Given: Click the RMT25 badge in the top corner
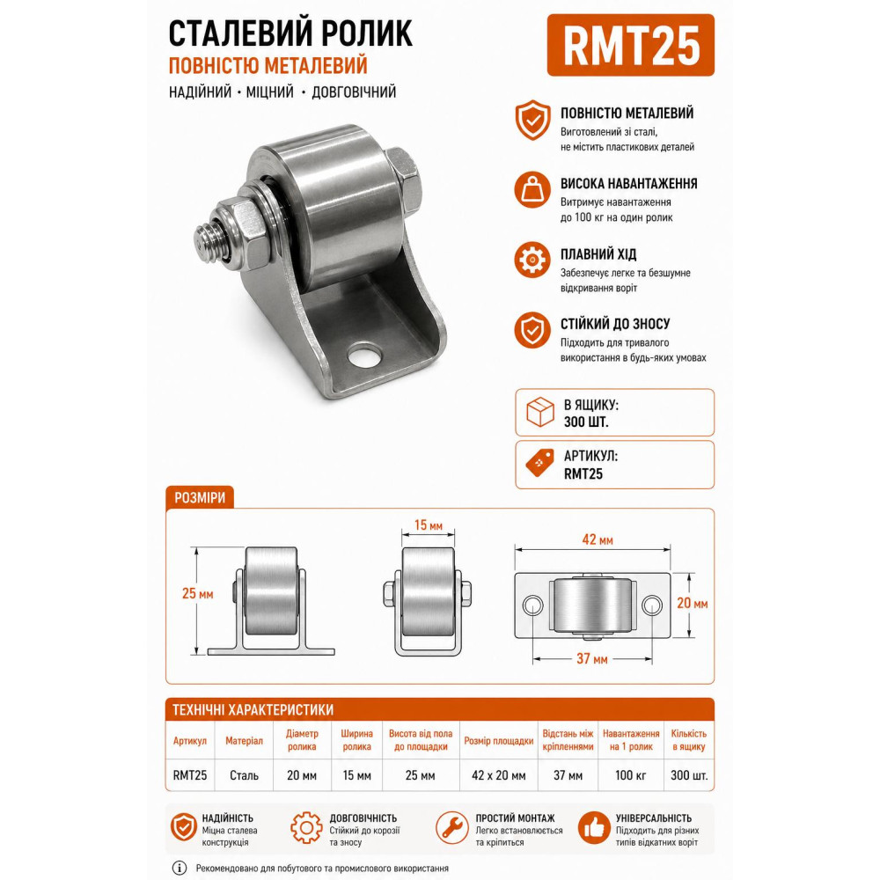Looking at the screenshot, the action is [x=630, y=46].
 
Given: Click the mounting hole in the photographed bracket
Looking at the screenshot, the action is [x=364, y=356].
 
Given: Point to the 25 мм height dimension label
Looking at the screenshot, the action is [x=197, y=594].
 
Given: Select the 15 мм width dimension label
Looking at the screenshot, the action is [x=429, y=525].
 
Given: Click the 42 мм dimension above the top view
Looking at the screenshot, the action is [x=598, y=540].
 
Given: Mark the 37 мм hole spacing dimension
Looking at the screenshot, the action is [x=592, y=659].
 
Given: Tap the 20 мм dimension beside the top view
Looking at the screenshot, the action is [x=692, y=604].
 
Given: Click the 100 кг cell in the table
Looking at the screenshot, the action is [x=630, y=775].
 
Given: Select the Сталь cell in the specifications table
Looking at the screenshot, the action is [x=244, y=775].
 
